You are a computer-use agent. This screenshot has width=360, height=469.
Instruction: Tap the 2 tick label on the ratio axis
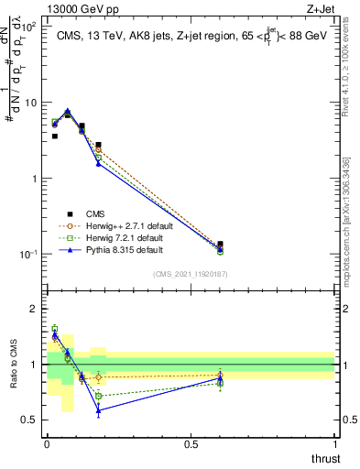(x=32, y=309)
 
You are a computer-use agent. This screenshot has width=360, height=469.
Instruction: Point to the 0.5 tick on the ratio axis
(x=29, y=420)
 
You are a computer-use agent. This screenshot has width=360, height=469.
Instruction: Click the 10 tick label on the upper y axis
(x=27, y=103)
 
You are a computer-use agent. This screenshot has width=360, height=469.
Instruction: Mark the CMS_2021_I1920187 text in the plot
(x=191, y=273)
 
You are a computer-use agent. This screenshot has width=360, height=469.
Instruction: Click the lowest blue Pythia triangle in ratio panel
(x=98, y=410)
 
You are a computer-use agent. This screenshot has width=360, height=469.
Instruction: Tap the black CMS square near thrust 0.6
(x=220, y=245)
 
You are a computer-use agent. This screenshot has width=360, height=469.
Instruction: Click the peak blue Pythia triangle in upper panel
(x=68, y=111)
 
